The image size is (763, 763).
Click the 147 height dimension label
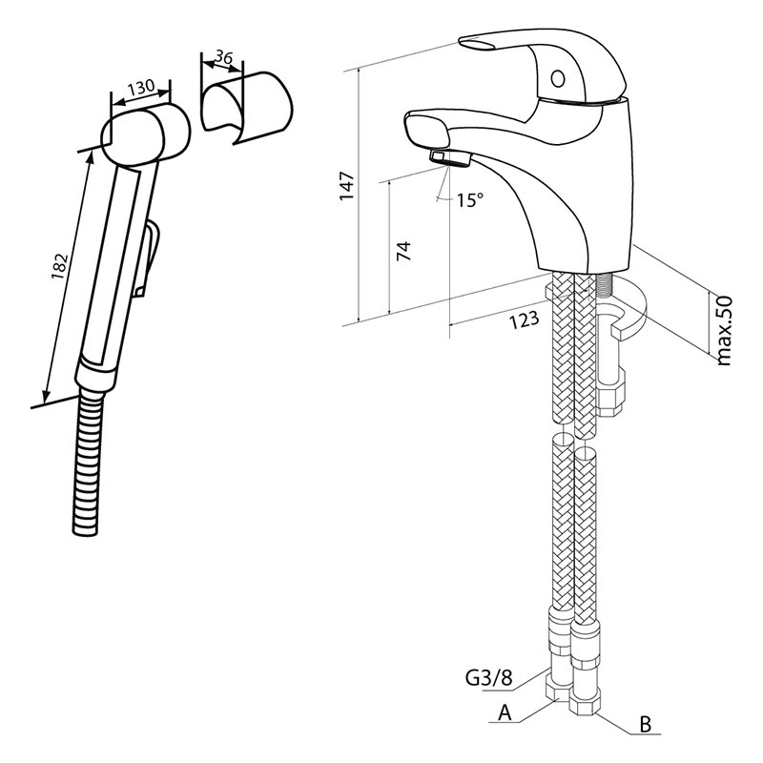[x=347, y=186]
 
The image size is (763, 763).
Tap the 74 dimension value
[x=403, y=251]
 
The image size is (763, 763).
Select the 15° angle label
[x=470, y=199]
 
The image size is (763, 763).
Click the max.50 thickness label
[x=724, y=330]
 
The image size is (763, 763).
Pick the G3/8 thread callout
[x=489, y=678]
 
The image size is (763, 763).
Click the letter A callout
[x=505, y=712]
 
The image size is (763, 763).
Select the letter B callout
[x=646, y=724]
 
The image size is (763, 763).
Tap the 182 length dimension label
[x=60, y=266]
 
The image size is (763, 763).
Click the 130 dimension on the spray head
[x=141, y=89]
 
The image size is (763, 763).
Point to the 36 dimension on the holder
[x=223, y=58]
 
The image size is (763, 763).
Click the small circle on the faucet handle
[x=558, y=79]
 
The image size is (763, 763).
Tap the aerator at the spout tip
[x=449, y=158]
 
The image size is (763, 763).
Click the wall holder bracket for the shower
[x=247, y=108]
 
